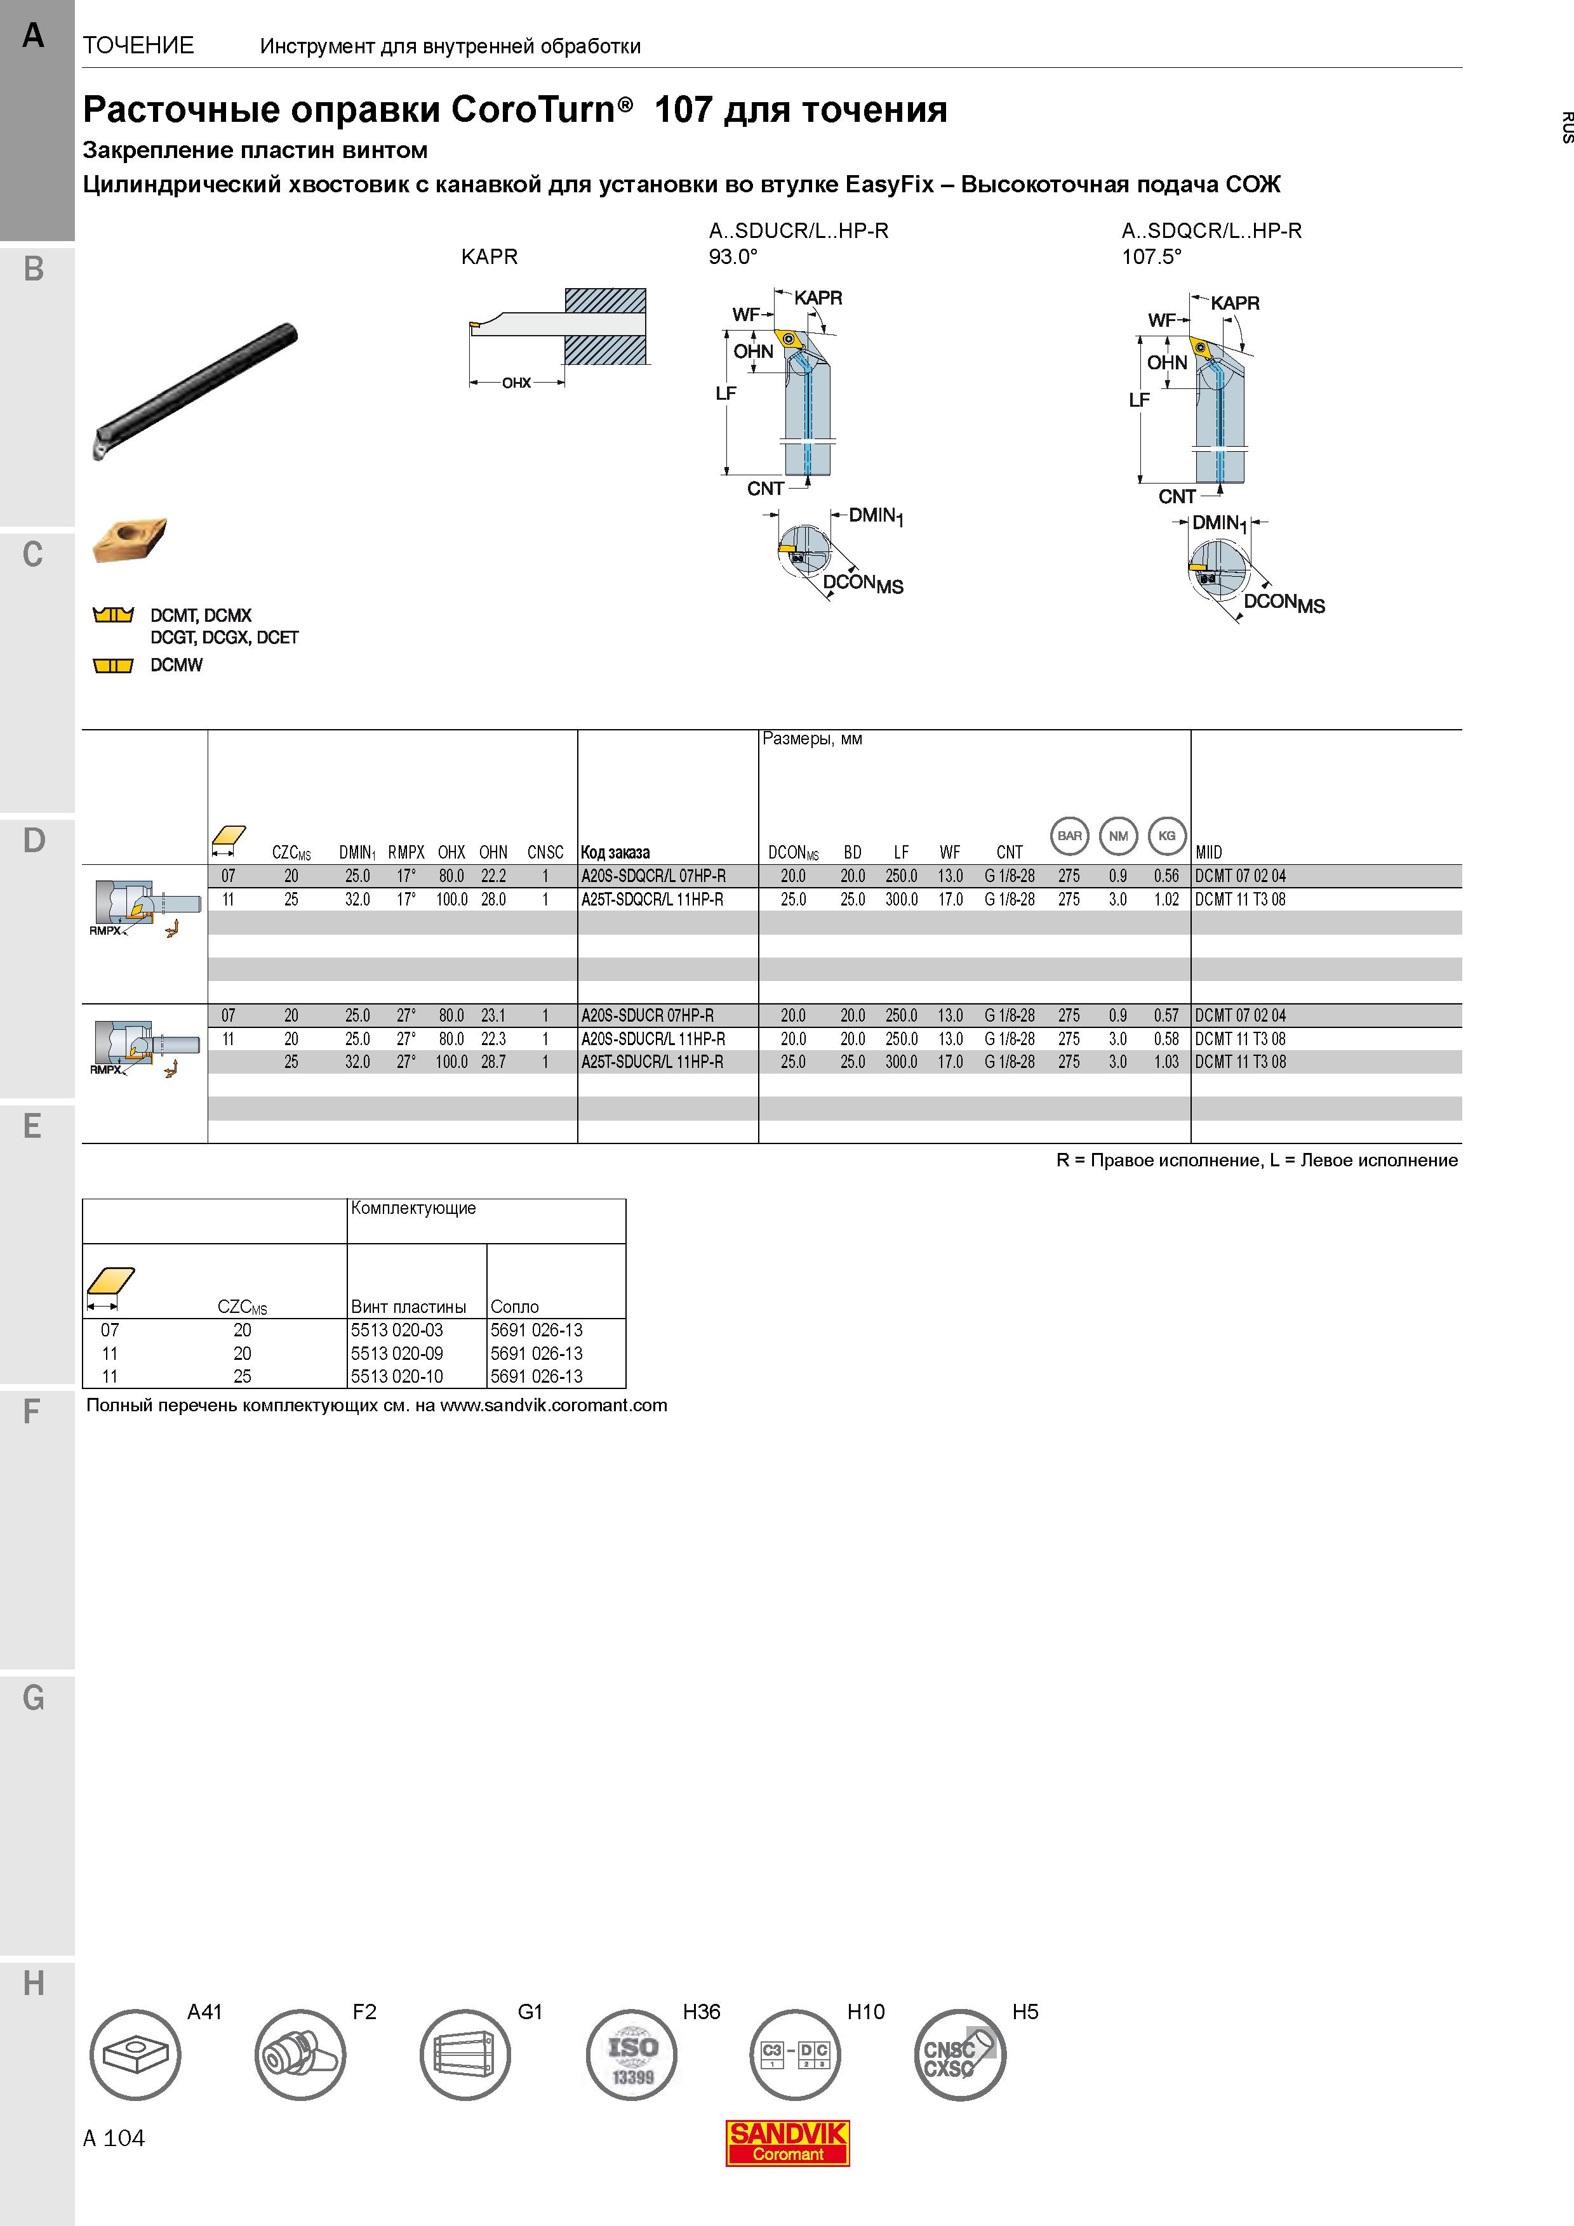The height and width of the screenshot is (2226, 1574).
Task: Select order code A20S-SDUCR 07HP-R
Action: click(x=647, y=1015)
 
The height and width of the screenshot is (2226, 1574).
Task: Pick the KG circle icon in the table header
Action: click(x=1166, y=836)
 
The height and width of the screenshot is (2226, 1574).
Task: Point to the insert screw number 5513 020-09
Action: click(x=397, y=1353)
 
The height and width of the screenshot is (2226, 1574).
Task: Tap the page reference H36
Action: click(x=701, y=2012)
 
